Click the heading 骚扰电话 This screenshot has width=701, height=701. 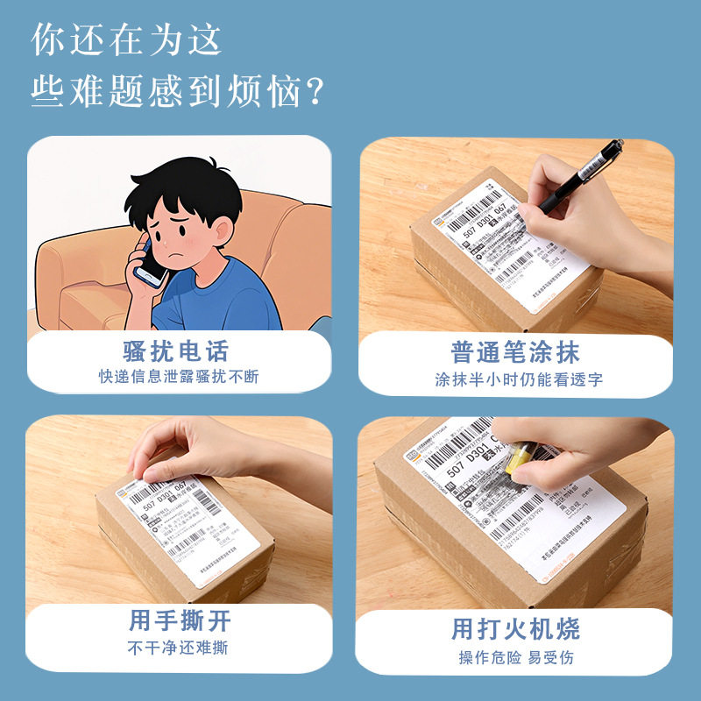coord(175,351)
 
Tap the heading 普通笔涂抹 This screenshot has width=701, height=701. coord(515,352)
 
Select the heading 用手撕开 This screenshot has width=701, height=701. coord(180,621)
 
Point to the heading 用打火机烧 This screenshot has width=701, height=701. coord(515,628)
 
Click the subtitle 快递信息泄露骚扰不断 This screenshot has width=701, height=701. coord(179,378)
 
